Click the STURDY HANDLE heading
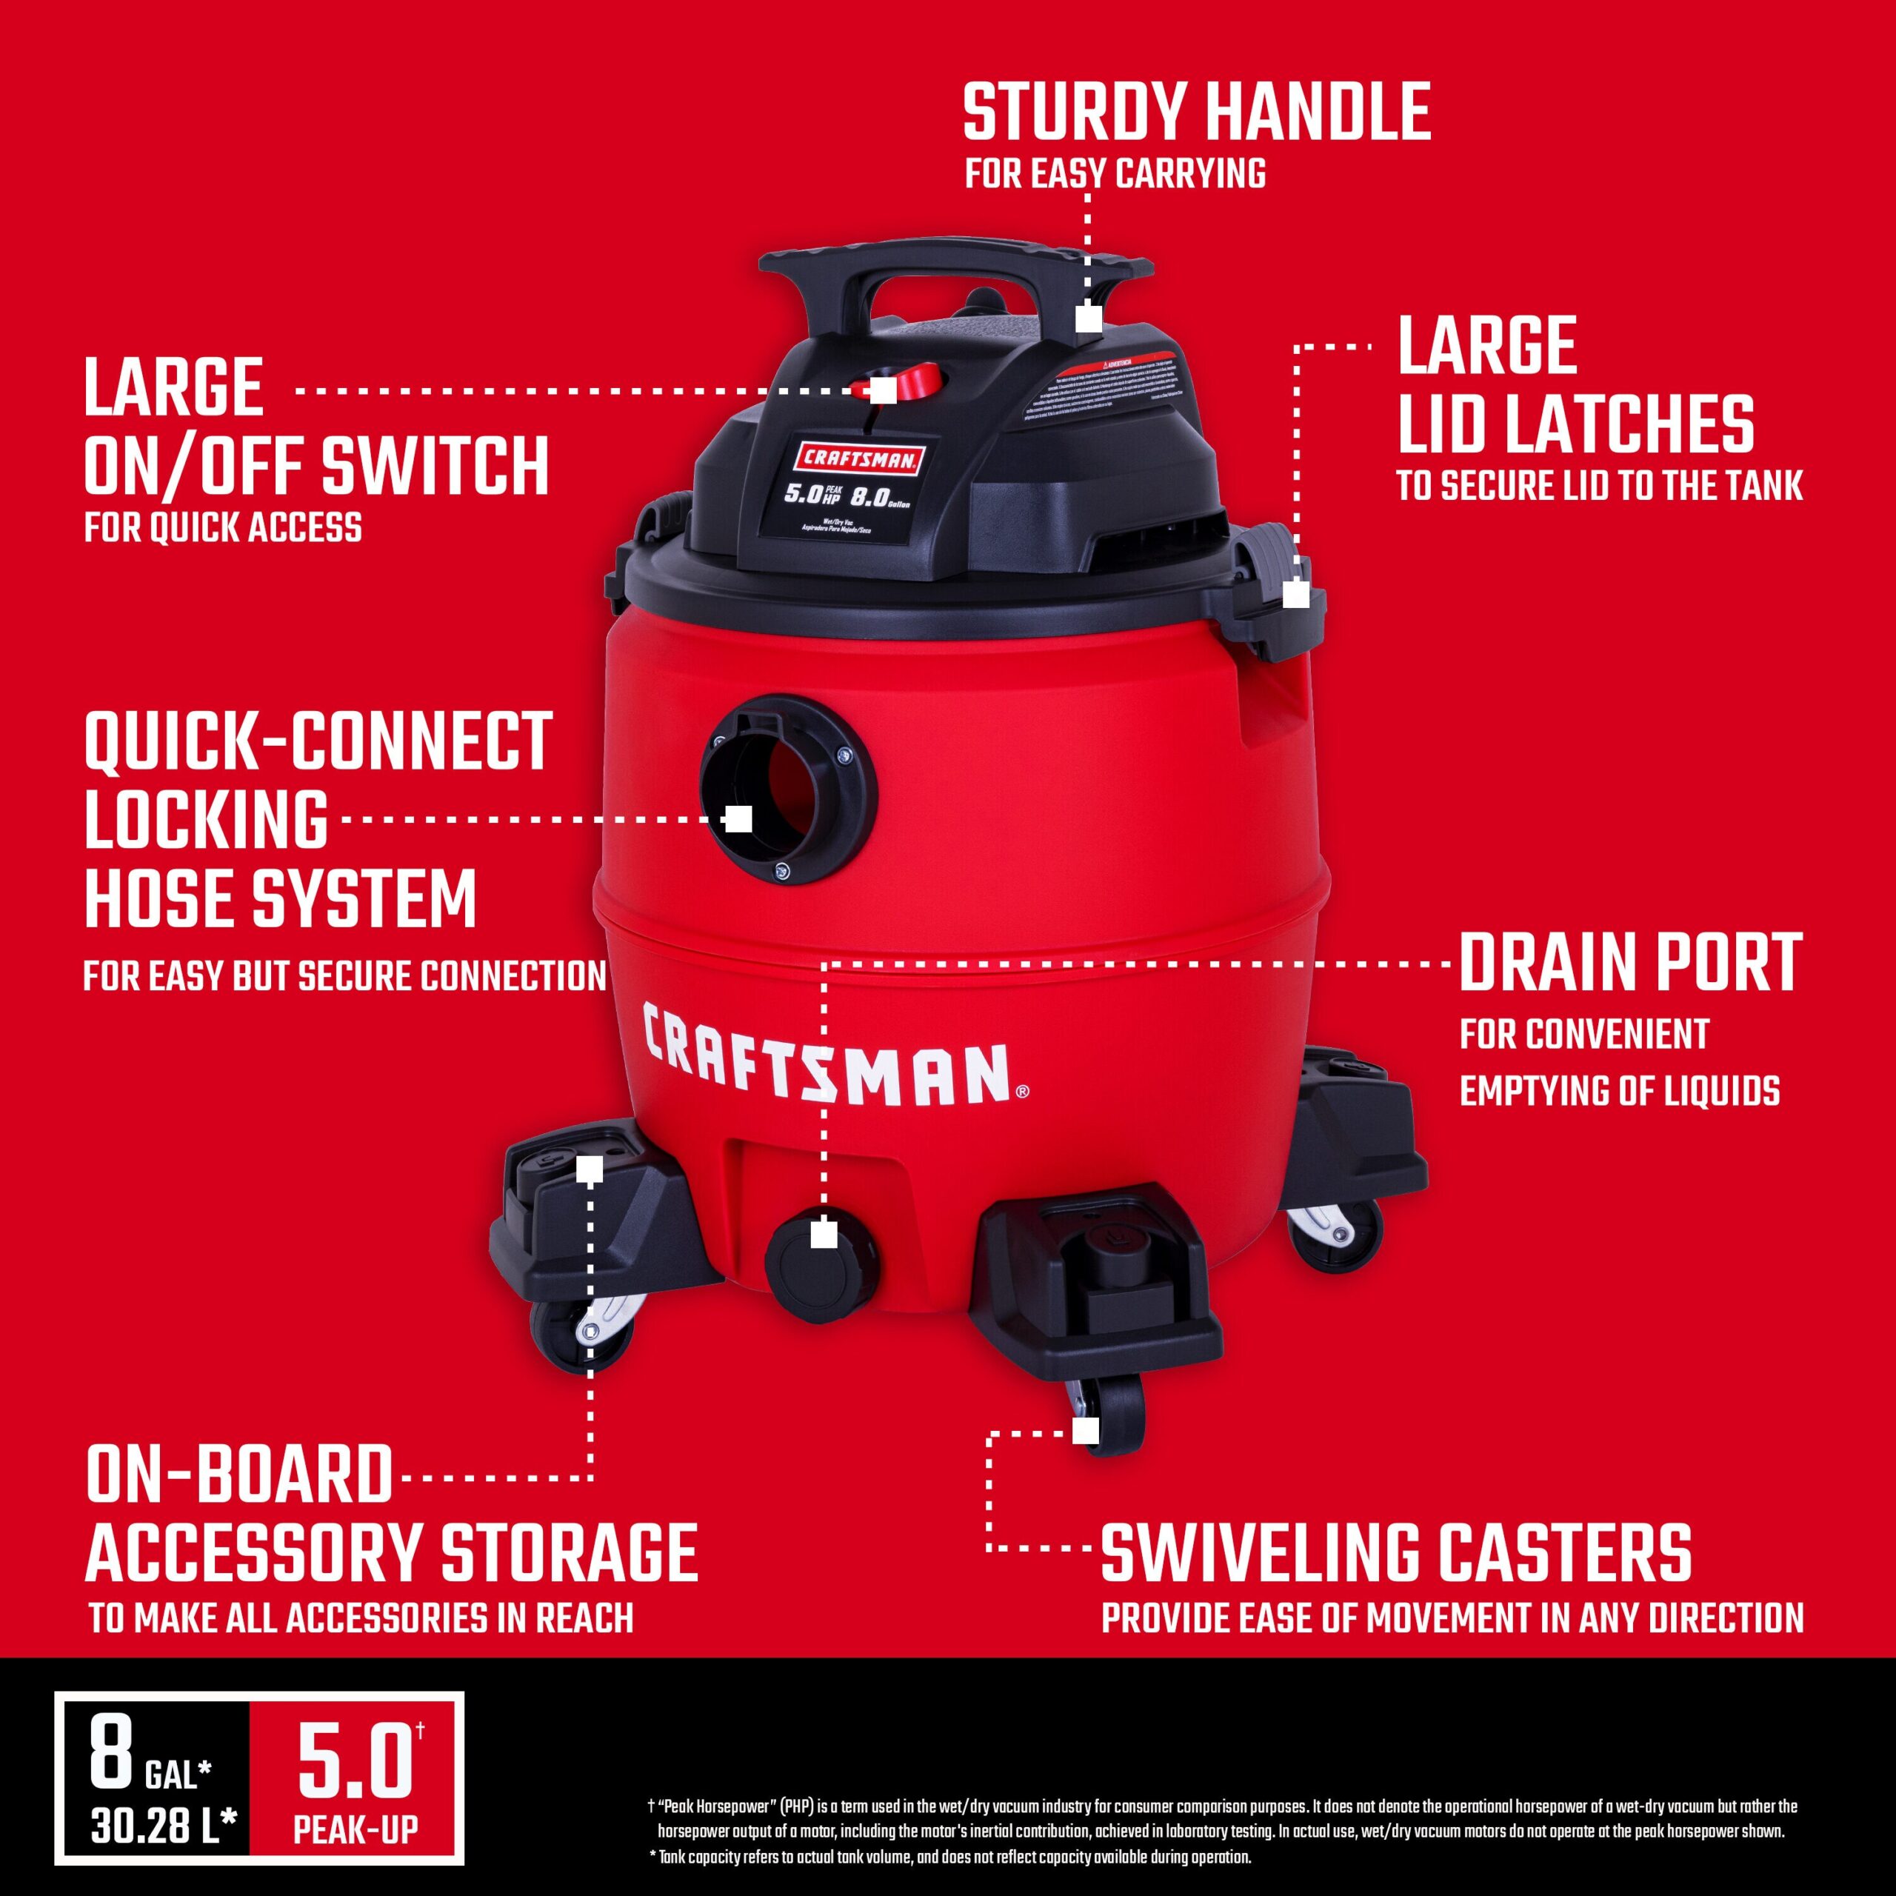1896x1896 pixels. point(1195,113)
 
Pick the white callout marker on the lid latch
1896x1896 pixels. point(1295,595)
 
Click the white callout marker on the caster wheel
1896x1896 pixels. point(1084,1431)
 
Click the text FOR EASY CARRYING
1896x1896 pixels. point(1115,174)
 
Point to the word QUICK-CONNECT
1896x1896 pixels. point(318,742)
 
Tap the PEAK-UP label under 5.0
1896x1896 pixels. point(355,1829)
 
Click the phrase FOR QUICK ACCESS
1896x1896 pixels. point(223,528)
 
